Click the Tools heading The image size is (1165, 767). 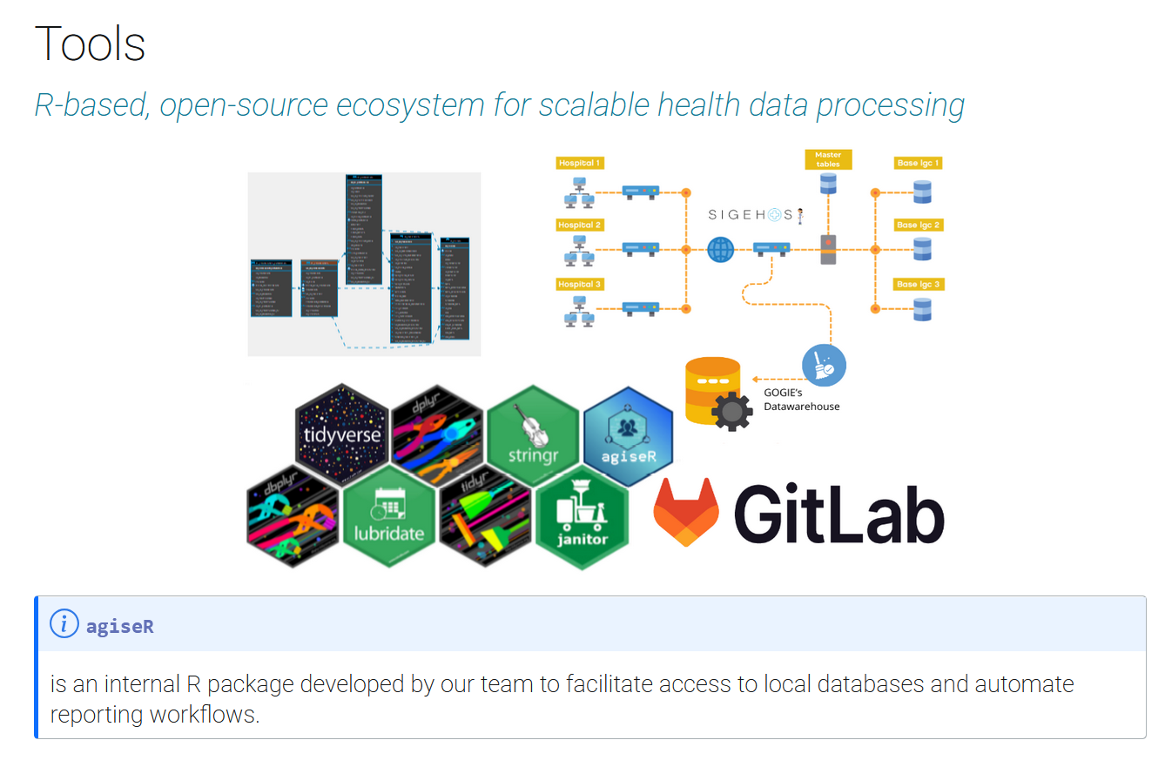point(90,43)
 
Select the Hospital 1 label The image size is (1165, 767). point(580,163)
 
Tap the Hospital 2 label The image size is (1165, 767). point(580,225)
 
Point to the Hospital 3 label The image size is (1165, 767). point(580,285)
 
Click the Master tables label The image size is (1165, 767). point(828,159)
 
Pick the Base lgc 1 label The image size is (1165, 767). point(919,163)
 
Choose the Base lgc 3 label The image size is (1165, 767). point(919,285)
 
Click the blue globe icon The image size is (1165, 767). point(721,250)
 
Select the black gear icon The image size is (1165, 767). point(731,410)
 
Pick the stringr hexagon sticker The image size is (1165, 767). point(532,433)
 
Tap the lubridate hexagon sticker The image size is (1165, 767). point(389,515)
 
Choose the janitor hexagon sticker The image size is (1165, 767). point(582,520)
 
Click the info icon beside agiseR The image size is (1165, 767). point(64,624)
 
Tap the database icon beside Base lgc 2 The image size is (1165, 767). point(922,249)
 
